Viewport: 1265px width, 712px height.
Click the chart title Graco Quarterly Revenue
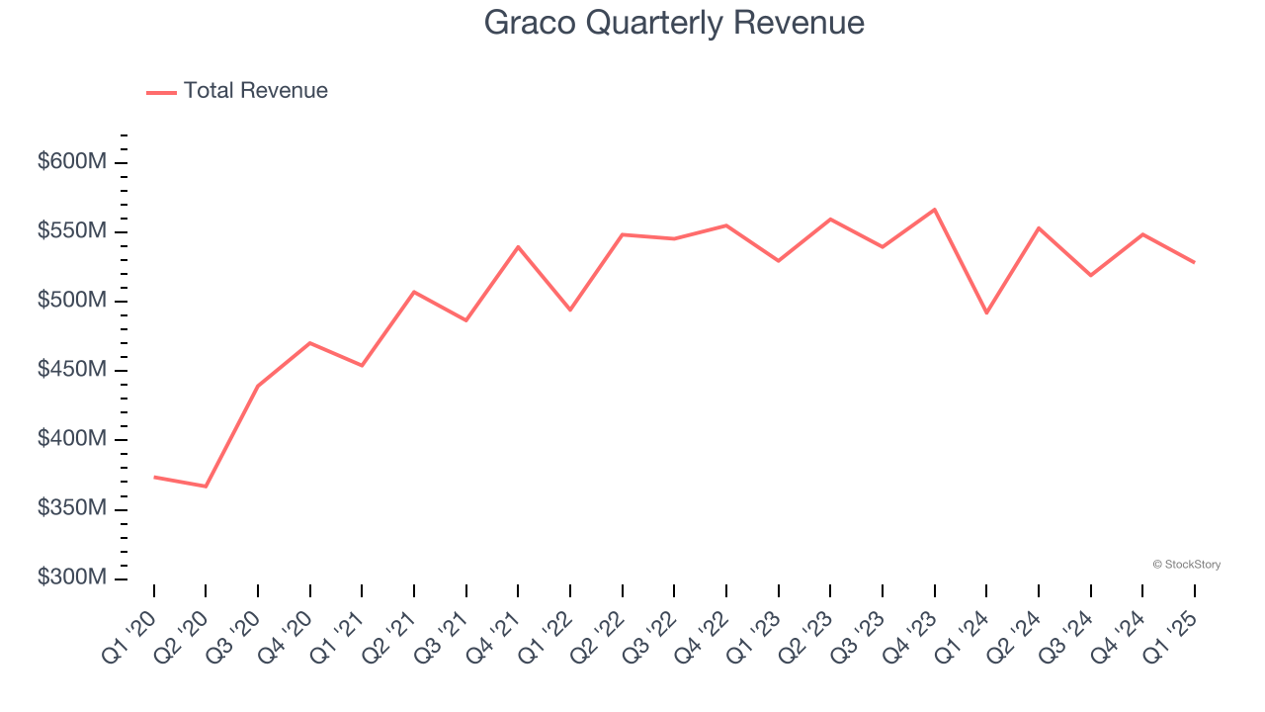(x=674, y=23)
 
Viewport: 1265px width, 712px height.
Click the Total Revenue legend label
(x=255, y=91)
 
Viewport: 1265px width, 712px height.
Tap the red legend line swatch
(x=161, y=92)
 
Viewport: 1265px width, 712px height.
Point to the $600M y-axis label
(x=72, y=162)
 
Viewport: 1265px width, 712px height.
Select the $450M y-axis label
(x=72, y=370)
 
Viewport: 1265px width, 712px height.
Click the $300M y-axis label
(x=72, y=578)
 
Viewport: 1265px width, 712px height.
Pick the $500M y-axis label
(x=72, y=301)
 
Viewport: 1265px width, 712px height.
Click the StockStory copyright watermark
(x=1186, y=565)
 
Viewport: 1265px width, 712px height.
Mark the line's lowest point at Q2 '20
(x=206, y=487)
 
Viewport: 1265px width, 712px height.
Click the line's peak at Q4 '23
(x=934, y=210)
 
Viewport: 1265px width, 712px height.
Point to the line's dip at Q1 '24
(x=986, y=312)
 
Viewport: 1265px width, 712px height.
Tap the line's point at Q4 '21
(x=518, y=246)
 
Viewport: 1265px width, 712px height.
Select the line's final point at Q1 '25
(x=1194, y=262)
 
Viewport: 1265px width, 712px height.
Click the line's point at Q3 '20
(x=258, y=386)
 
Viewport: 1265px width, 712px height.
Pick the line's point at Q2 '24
(x=1039, y=228)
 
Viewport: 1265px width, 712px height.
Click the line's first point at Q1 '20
(x=154, y=477)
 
